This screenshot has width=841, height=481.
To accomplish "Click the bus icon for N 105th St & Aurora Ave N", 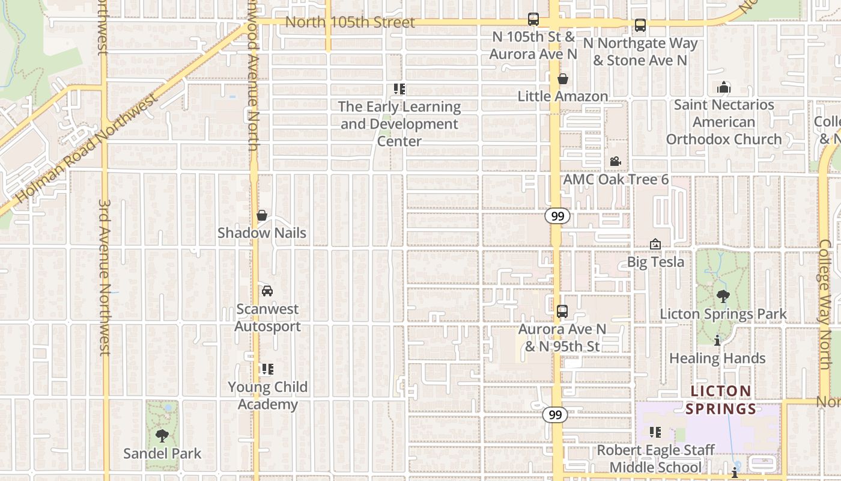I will tap(533, 19).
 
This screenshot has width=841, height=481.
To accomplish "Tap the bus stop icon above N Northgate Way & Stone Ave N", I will tap(640, 25).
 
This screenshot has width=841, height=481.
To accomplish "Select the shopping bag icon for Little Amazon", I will tap(563, 79).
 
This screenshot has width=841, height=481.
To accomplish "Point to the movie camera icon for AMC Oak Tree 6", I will tap(615, 161).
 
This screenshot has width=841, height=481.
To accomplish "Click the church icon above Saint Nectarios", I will tap(723, 87).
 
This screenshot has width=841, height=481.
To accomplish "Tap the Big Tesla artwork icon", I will tap(655, 244).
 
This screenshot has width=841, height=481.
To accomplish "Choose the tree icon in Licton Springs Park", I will tap(723, 296).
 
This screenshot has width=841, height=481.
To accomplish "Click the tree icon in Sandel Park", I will tap(162, 435).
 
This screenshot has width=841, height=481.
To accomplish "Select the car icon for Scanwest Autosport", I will tap(267, 291).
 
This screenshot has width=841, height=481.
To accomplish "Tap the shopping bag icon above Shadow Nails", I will tap(262, 215).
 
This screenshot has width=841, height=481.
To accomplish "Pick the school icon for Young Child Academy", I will tap(267, 369).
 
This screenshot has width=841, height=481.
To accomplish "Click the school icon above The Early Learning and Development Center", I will tap(399, 89).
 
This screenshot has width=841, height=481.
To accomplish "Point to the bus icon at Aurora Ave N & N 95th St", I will tap(562, 311).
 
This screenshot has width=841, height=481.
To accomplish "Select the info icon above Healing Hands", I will tap(717, 341).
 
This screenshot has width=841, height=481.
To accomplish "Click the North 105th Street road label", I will tap(350, 23).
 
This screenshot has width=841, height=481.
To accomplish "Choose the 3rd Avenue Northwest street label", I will tap(105, 277).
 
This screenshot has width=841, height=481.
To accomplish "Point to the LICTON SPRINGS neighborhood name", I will tap(721, 400).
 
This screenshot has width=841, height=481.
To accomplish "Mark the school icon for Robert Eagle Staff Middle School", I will tap(655, 432).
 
